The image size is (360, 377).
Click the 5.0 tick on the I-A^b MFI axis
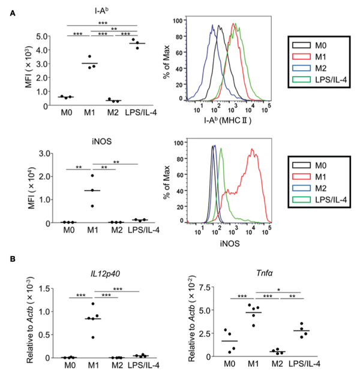click(45, 37)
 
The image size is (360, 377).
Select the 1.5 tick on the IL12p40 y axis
click(45, 288)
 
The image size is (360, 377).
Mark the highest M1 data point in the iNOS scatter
click(92, 176)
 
